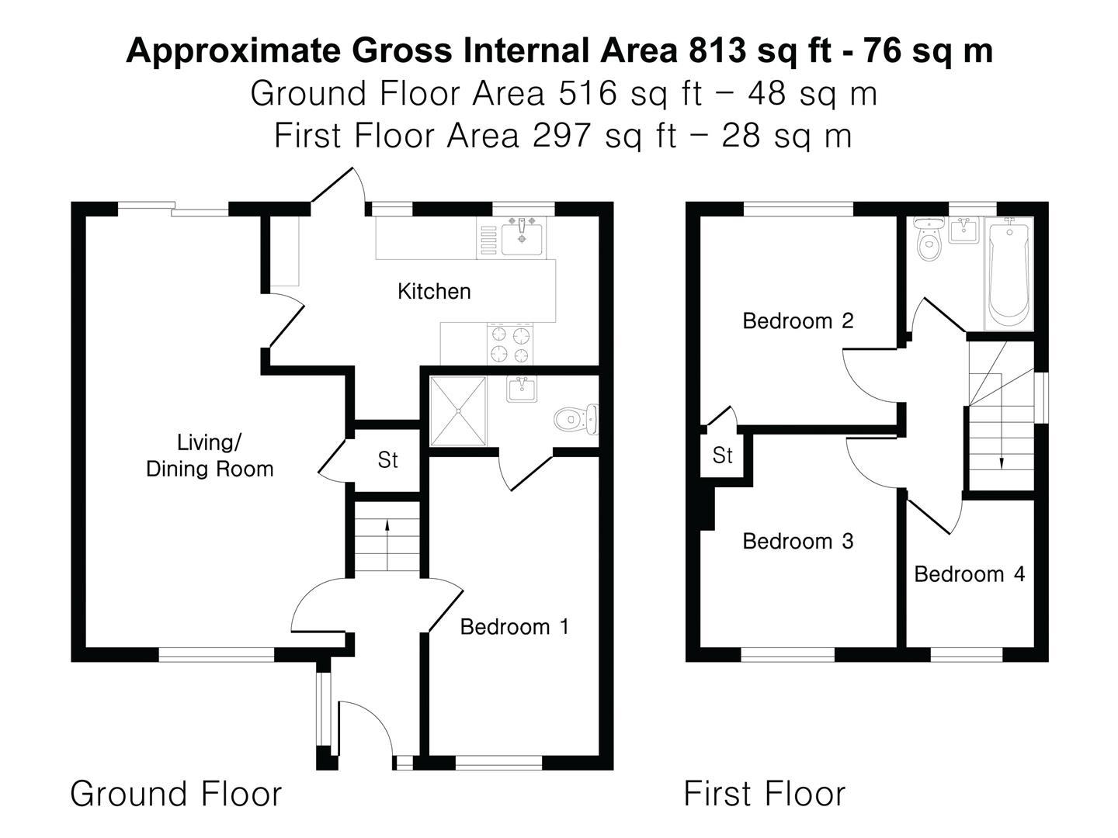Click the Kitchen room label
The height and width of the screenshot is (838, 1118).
(434, 292)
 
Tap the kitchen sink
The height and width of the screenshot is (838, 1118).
(522, 237)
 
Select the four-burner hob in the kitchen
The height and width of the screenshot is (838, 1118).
(510, 344)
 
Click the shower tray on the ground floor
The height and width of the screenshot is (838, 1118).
(458, 411)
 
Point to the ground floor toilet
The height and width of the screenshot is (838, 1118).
(576, 419)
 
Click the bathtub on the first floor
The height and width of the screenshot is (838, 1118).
(1009, 274)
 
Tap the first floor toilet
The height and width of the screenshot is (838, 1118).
(929, 239)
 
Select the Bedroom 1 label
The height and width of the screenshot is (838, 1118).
(515, 627)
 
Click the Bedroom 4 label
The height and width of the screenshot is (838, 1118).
(969, 574)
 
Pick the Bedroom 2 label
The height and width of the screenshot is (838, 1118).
(798, 320)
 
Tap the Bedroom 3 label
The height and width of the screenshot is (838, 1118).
(798, 541)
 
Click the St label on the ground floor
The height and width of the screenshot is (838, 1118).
(387, 460)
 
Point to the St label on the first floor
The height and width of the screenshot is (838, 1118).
(723, 455)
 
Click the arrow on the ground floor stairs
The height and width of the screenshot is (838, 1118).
(387, 545)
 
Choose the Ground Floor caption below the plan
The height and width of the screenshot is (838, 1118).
(175, 794)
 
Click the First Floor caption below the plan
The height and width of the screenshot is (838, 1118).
(765, 794)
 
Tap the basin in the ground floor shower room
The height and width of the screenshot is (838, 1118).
(522, 390)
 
